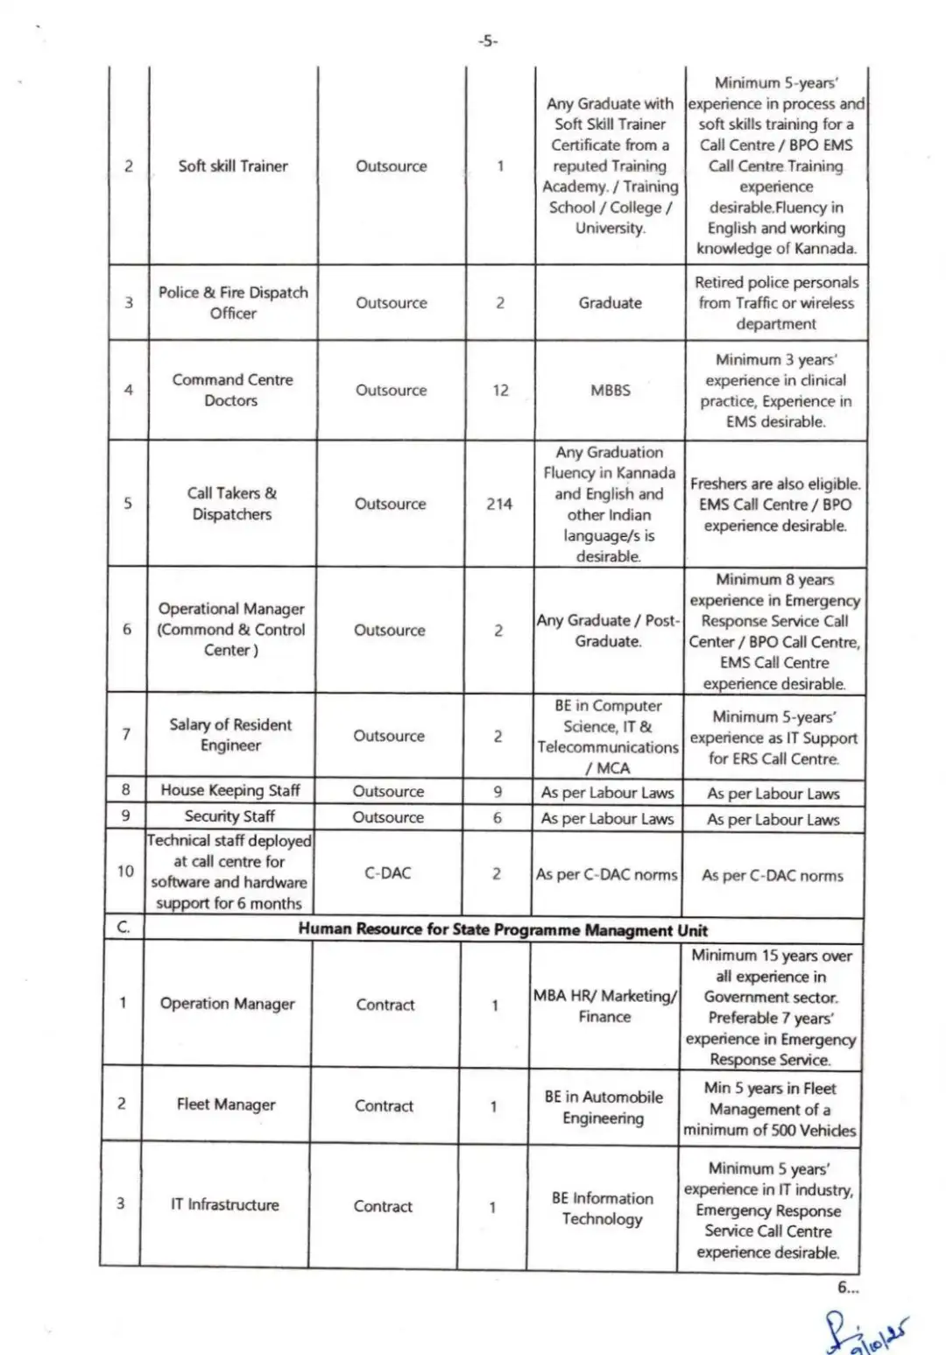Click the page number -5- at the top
487,40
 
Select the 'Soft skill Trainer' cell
233,166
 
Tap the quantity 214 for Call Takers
499,504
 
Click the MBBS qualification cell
610,390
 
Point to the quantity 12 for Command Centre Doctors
500,390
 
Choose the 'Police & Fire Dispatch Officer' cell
233,302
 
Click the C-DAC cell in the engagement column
387,873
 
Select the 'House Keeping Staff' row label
230,790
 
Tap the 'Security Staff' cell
229,816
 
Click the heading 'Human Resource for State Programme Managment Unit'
503,929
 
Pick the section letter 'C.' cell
124,928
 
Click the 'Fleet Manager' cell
226,1104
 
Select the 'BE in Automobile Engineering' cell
604,1107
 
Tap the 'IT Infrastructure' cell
224,1204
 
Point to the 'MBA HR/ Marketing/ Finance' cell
604,1006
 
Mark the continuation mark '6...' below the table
848,1287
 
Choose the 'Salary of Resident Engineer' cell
230,735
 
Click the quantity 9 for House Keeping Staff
498,791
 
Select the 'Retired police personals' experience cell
776,302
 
